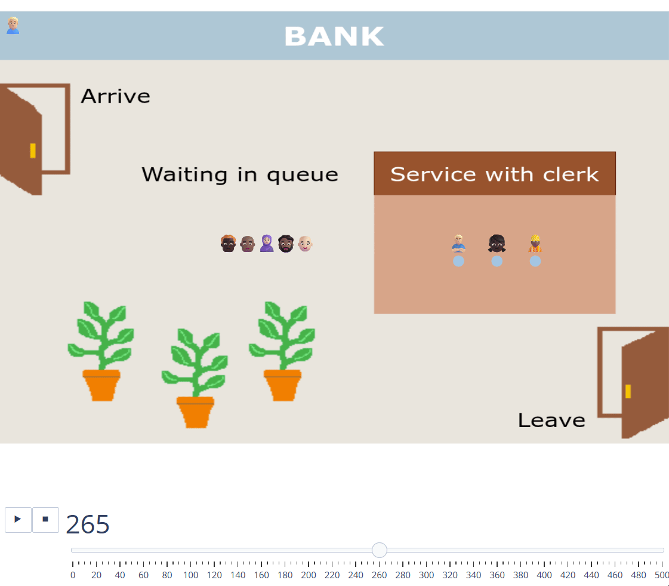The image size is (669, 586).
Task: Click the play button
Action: tap(18, 520)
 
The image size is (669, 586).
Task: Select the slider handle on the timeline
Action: tap(379, 550)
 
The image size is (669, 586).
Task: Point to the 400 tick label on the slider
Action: tap(544, 575)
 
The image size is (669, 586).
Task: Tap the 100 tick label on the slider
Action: tap(190, 575)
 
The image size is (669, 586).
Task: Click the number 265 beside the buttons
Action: tap(88, 524)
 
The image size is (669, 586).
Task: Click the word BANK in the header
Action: tap(334, 36)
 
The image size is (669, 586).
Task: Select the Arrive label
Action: tap(116, 96)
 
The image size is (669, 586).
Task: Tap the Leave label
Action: tap(551, 421)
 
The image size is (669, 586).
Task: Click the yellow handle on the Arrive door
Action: tap(33, 151)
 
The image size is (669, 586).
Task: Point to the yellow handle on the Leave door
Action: tap(628, 391)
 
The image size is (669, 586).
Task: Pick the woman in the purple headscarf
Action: tap(267, 243)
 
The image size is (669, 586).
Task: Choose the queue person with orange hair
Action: tap(228, 243)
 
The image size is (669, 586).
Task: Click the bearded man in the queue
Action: tap(286, 243)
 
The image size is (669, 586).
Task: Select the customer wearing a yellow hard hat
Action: tap(535, 243)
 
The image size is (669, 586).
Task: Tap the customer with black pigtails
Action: tap(497, 243)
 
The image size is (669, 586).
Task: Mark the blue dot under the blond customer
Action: tap(458, 261)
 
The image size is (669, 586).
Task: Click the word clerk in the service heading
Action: tap(571, 174)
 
